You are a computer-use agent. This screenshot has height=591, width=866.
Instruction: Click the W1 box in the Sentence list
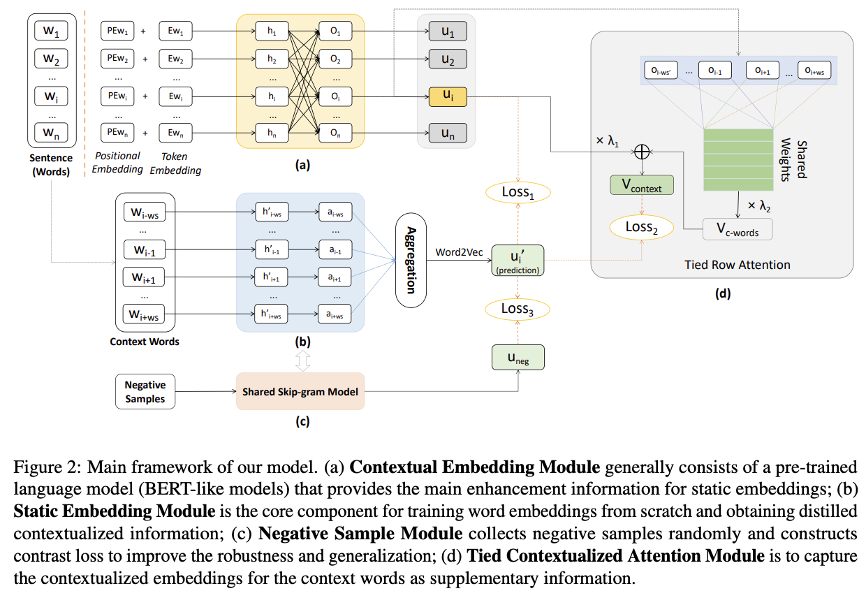click(51, 32)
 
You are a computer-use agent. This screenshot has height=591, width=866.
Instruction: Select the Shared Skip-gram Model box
click(300, 391)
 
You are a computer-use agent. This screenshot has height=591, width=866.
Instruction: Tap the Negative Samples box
click(145, 391)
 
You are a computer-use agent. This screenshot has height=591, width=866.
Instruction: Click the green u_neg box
click(518, 358)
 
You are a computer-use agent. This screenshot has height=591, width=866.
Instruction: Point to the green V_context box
click(641, 185)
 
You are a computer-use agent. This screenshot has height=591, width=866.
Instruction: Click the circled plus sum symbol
click(641, 151)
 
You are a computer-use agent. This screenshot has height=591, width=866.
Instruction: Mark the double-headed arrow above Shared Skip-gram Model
click(299, 360)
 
